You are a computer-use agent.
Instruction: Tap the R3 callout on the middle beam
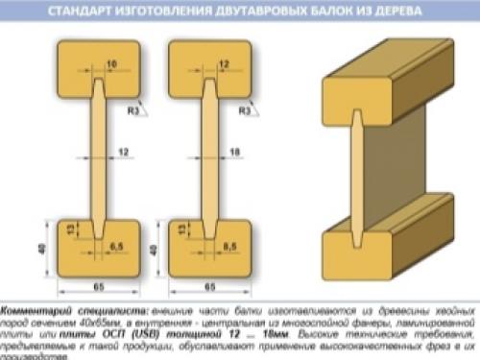pyautogui.click(x=248, y=112)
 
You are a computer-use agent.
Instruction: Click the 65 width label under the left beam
pyautogui.click(x=100, y=287)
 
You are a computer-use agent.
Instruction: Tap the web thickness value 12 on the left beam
pyautogui.click(x=124, y=151)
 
